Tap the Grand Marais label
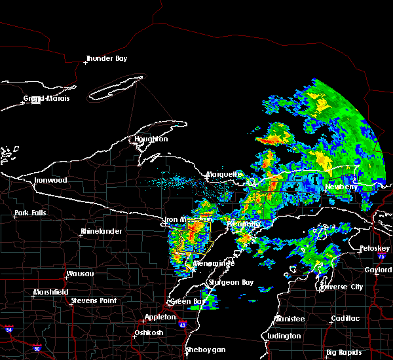47,99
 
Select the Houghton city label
151,139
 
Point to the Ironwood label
51,180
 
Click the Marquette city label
224,174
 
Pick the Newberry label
341,187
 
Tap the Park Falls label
30,213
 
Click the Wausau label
81,274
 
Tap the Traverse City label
341,287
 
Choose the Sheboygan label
206,350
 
